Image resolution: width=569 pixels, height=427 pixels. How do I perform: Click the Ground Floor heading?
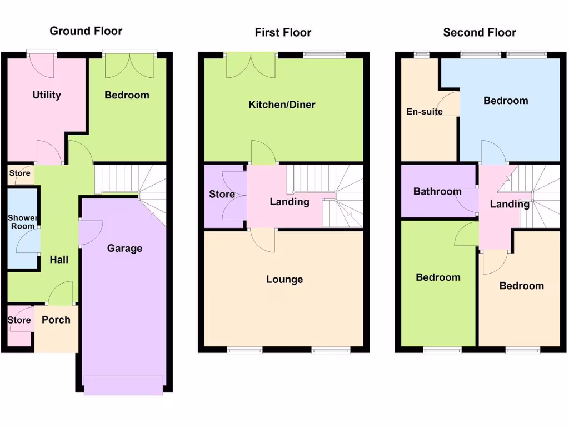(86, 31)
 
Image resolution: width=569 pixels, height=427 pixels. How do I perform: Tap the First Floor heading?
(283, 33)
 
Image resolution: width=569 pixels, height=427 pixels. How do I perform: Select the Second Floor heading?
(479, 33)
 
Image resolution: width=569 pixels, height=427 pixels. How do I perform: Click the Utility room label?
(47, 95)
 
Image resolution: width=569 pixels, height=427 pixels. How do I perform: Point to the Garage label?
(124, 249)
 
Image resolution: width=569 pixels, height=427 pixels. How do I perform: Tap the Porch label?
(56, 320)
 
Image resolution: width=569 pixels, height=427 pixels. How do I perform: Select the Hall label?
(59, 260)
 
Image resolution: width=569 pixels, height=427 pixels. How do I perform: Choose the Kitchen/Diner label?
(282, 105)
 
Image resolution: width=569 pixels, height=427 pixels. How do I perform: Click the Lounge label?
(284, 280)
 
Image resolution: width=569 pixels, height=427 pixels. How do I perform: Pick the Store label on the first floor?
(222, 195)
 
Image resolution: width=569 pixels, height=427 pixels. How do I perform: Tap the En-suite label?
(425, 112)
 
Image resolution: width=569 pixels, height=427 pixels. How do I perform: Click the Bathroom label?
(437, 192)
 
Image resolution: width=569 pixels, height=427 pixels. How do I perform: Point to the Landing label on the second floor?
(509, 205)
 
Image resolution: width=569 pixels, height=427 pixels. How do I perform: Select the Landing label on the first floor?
(290, 202)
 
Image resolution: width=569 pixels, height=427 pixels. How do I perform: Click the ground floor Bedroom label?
(127, 95)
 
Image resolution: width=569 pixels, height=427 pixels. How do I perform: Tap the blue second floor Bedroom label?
(506, 101)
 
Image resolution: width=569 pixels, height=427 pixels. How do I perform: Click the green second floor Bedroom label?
(438, 277)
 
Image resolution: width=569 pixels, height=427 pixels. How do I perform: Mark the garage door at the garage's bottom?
(123, 385)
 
